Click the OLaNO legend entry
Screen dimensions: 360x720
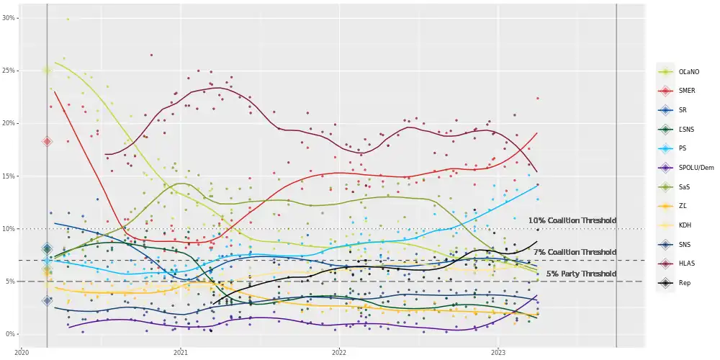coord(689,71)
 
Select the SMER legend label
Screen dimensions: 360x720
coord(687,91)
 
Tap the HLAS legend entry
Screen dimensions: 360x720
coord(687,264)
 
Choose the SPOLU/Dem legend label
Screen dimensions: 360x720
coord(696,167)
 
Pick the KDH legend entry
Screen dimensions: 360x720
coord(685,225)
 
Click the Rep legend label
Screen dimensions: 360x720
coord(685,283)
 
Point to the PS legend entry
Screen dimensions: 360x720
coord(683,148)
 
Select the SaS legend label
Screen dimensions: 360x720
coord(685,186)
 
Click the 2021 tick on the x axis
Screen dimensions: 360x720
coord(181,352)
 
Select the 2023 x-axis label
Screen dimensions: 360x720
coord(498,352)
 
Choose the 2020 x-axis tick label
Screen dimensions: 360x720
coord(22,352)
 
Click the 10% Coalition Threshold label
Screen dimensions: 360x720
coord(572,220)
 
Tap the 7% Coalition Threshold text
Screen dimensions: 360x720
coord(575,252)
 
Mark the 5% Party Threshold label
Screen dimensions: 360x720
coord(581,274)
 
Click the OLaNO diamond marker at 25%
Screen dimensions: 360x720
coord(47,70)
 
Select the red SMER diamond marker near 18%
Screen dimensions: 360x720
coord(47,142)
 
